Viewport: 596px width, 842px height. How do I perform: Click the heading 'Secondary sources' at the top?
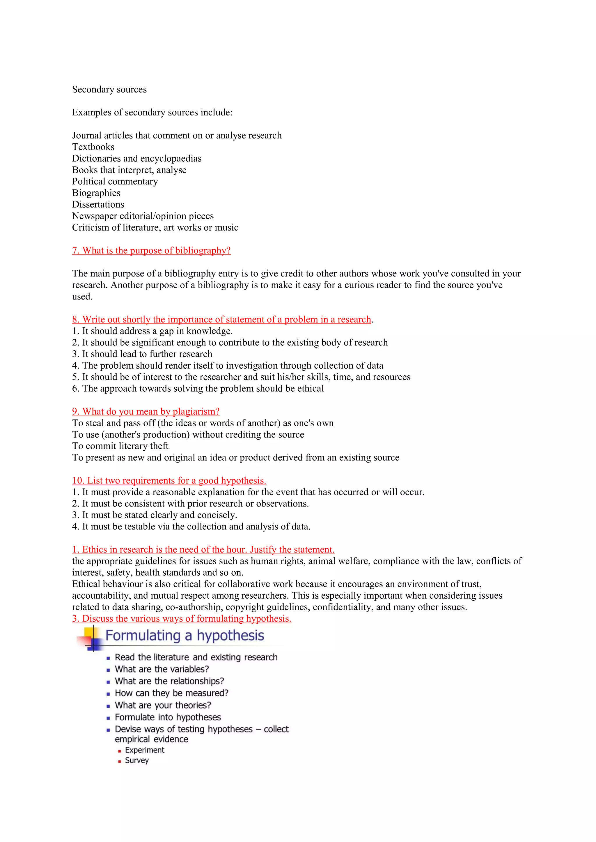pyautogui.click(x=109, y=90)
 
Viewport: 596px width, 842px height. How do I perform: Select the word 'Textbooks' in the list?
pyautogui.click(x=93, y=147)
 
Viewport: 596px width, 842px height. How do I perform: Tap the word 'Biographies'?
pyautogui.click(x=96, y=193)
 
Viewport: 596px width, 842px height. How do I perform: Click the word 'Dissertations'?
pyautogui.click(x=98, y=205)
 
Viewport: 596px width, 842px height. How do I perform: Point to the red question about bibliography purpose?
pyautogui.click(x=151, y=250)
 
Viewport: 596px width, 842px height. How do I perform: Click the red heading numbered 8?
pyautogui.click(x=222, y=320)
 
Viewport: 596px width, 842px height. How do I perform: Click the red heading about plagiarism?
pyautogui.click(x=146, y=411)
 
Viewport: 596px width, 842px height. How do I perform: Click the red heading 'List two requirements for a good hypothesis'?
pyautogui.click(x=169, y=480)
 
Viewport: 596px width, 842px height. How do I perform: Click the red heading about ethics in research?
pyautogui.click(x=203, y=549)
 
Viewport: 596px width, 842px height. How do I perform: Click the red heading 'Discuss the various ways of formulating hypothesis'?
pyautogui.click(x=182, y=619)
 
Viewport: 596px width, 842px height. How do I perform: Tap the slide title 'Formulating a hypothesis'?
pyautogui.click(x=185, y=636)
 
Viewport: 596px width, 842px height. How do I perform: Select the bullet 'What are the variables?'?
pyautogui.click(x=162, y=669)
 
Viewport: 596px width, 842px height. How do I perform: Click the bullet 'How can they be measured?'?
pyautogui.click(x=171, y=693)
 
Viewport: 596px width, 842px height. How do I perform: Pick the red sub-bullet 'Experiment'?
pyautogui.click(x=145, y=750)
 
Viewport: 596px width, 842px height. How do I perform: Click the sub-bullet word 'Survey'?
pyautogui.click(x=136, y=760)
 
